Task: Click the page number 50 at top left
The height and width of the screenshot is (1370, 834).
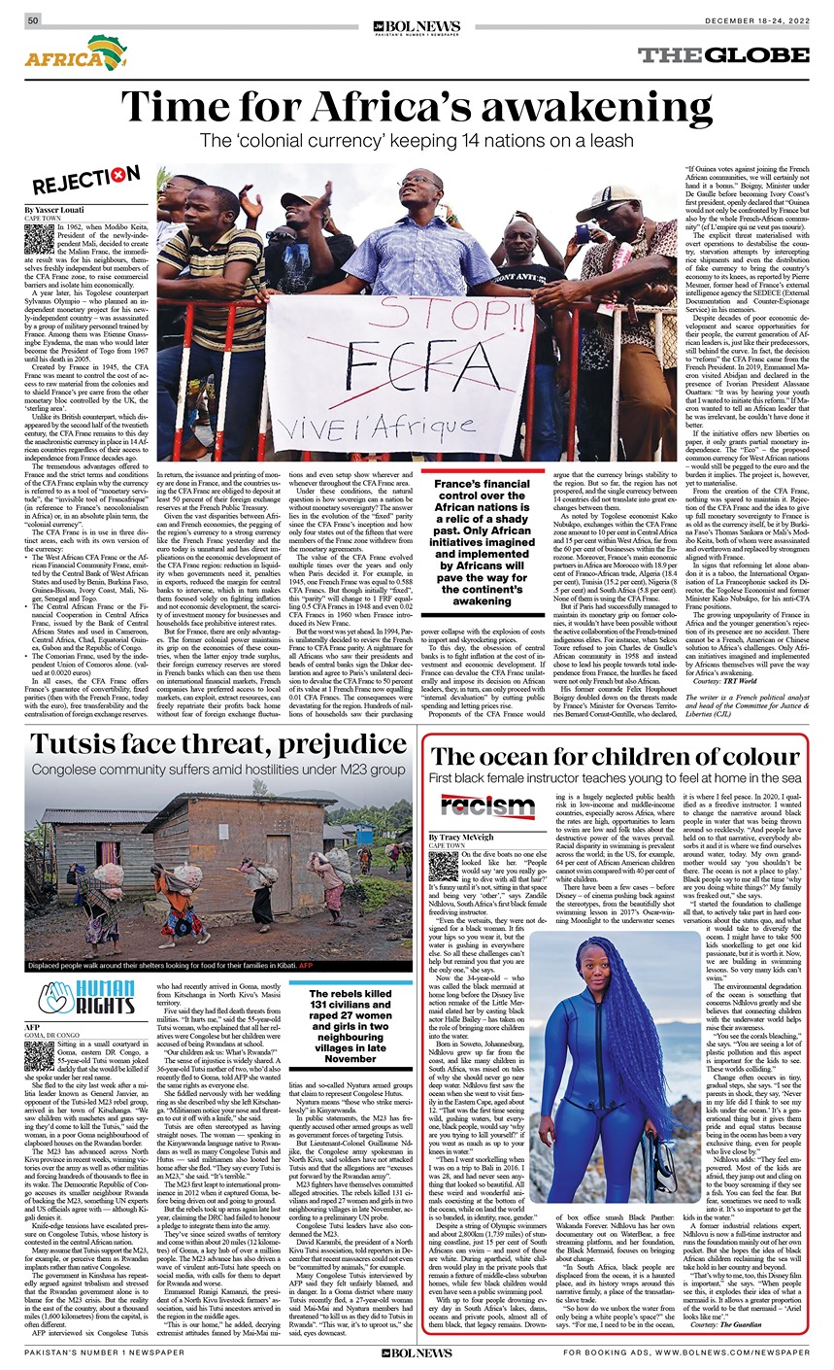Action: [x=34, y=20]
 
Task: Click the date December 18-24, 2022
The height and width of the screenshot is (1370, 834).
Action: [x=752, y=20]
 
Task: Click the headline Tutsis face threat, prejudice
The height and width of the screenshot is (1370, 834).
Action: [x=204, y=744]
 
